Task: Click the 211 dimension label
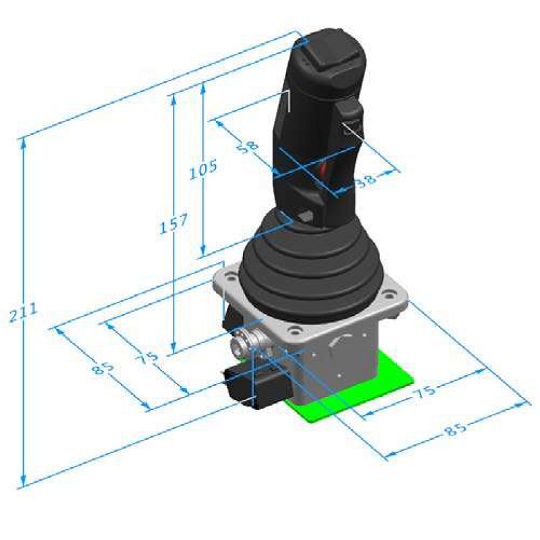(x=23, y=313)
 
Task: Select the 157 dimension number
(x=173, y=223)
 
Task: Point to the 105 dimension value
(x=204, y=169)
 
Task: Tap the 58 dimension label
(x=248, y=146)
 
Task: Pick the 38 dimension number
(x=366, y=180)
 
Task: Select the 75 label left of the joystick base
(x=147, y=358)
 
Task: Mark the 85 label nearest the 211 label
(x=103, y=369)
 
